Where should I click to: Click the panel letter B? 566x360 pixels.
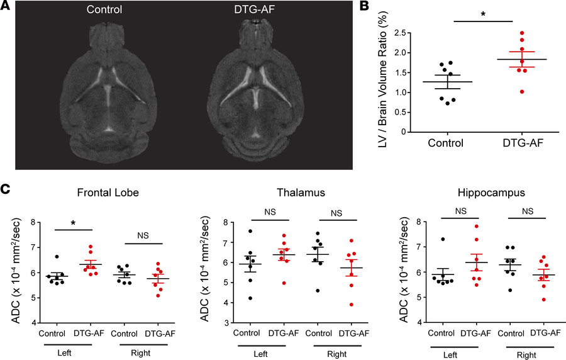point(364,7)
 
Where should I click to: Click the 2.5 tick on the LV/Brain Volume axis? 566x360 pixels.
point(404,33)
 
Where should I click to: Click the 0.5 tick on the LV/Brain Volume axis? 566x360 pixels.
point(404,113)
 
